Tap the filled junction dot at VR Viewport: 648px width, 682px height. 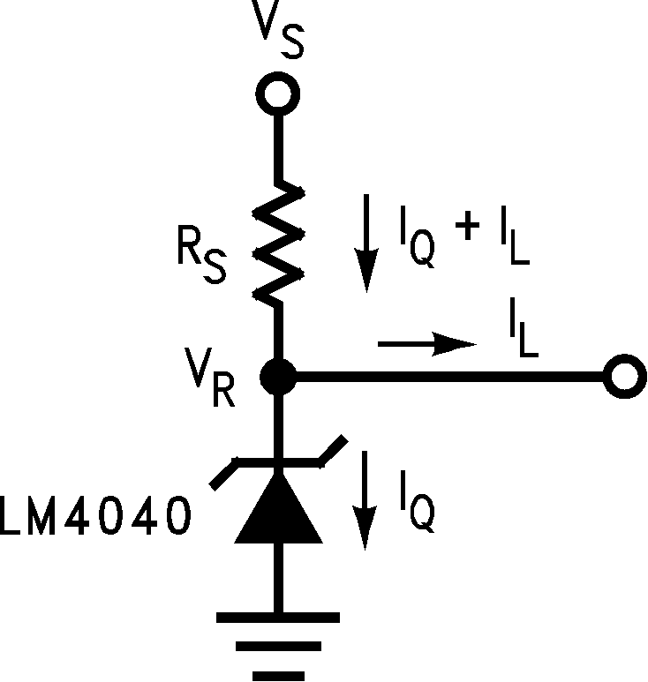coord(278,377)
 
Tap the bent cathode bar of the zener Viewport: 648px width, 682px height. coord(278,460)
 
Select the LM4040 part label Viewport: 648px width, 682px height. coord(94,518)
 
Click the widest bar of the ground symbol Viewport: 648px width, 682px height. coord(277,617)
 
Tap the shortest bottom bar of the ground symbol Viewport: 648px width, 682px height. coord(277,675)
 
